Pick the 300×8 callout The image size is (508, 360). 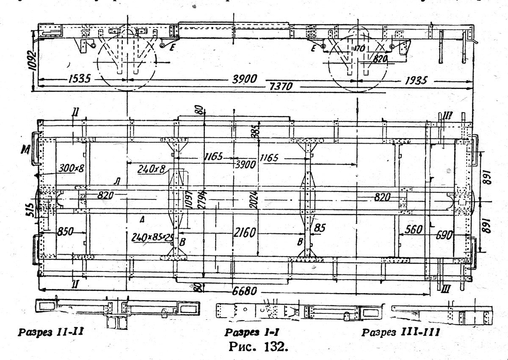pyautogui.click(x=72, y=168)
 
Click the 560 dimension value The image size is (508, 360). pyautogui.click(x=414, y=230)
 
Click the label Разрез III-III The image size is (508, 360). pyautogui.click(x=400, y=332)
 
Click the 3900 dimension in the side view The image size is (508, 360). pyautogui.click(x=247, y=80)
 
